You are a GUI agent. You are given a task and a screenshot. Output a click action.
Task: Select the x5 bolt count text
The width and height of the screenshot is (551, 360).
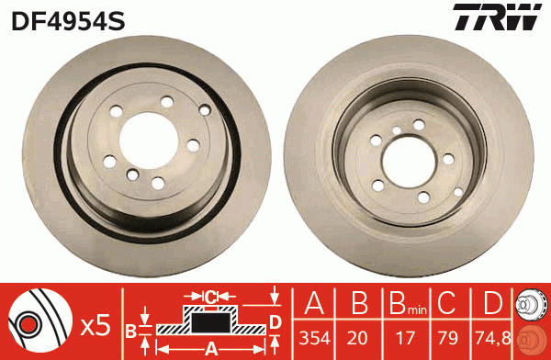pyautogui.click(x=95, y=324)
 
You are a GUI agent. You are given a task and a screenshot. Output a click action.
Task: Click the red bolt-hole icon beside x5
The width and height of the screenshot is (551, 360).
pyautogui.click(x=37, y=323)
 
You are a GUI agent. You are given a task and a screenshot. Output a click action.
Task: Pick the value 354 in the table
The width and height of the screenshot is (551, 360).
pyautogui.click(x=314, y=337)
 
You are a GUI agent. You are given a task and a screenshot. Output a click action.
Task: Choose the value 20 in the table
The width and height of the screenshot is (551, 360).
pyautogui.click(x=359, y=337)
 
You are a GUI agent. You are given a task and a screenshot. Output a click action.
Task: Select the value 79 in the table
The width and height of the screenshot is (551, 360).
pyautogui.click(x=446, y=337)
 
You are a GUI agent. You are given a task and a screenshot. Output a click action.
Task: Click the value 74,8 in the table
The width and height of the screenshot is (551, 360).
pyautogui.click(x=492, y=337)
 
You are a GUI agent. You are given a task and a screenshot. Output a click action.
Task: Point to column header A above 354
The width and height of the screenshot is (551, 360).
pyautogui.click(x=314, y=304)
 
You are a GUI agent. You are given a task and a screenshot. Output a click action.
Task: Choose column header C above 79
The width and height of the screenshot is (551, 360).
pyautogui.click(x=446, y=304)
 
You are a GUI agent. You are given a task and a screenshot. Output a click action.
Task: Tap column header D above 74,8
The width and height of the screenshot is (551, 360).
pyautogui.click(x=492, y=304)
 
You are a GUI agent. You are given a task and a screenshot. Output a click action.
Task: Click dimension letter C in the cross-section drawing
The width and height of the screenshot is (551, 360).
pyautogui.click(x=210, y=296)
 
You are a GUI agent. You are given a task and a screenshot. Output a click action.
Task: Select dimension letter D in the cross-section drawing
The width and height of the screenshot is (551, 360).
pyautogui.click(x=275, y=321)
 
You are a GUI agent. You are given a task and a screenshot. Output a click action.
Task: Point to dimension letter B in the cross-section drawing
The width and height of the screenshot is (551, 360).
pyautogui.click(x=130, y=331)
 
